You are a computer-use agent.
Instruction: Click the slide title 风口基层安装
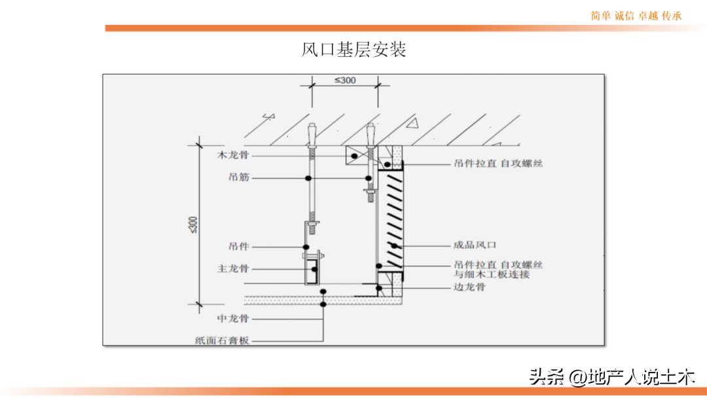[353, 49]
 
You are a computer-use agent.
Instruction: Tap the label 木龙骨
[232, 155]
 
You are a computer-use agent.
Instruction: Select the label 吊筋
[238, 177]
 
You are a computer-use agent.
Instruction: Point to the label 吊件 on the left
[238, 246]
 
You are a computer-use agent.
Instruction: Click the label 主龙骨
[232, 268]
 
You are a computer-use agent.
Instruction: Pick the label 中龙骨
[232, 319]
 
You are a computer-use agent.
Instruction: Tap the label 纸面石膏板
[222, 341]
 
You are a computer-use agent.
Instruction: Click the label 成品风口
[475, 245]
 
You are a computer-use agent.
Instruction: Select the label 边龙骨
[469, 287]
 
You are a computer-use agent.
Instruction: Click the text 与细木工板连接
[492, 274]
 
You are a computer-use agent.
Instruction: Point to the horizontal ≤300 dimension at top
[345, 81]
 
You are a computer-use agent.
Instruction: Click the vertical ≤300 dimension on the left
[193, 225]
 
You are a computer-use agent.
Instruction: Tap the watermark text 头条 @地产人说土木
[612, 376]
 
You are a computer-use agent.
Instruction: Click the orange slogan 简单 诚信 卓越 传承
[636, 16]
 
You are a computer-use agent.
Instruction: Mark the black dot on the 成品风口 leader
[394, 245]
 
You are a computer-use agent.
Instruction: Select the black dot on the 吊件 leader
[306, 247]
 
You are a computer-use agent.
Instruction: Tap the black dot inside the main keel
[314, 269]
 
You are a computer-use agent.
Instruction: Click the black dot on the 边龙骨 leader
[379, 288]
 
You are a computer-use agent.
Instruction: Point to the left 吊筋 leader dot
[308, 179]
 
